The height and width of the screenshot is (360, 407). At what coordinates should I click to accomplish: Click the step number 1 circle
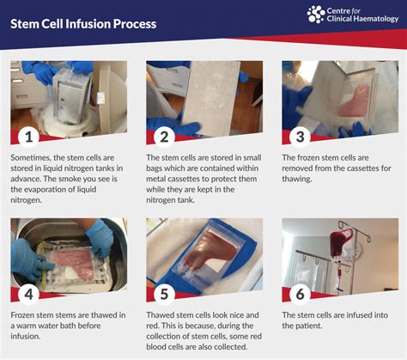pyautogui.click(x=28, y=137)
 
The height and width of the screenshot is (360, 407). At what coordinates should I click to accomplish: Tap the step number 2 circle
pyautogui.click(x=164, y=137)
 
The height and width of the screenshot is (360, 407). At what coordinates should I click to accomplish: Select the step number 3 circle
pyautogui.click(x=300, y=137)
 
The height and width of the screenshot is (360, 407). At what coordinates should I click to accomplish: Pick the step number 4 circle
pyautogui.click(x=28, y=294)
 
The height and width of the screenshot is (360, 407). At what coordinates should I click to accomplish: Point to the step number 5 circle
pyautogui.click(x=164, y=294)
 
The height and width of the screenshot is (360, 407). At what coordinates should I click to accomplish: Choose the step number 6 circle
pyautogui.click(x=300, y=294)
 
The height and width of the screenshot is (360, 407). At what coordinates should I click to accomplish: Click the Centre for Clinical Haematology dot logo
pyautogui.click(x=316, y=15)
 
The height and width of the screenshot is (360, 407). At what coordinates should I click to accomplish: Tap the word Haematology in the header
pyautogui.click(x=375, y=19)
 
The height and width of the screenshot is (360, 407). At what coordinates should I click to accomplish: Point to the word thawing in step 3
pyautogui.click(x=296, y=179)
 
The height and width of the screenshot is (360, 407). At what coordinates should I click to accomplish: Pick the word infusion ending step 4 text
pyautogui.click(x=25, y=336)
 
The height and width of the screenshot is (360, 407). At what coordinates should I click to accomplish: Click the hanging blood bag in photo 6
pyautogui.click(x=341, y=244)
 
